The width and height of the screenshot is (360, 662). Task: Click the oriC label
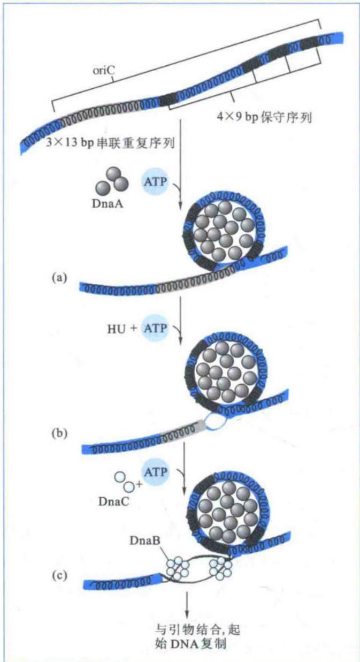(104, 71)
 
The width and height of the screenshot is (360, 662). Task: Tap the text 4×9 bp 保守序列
(264, 118)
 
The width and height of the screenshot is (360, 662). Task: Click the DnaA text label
(108, 204)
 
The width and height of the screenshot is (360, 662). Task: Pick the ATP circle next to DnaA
(155, 181)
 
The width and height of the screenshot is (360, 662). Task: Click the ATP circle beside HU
(155, 328)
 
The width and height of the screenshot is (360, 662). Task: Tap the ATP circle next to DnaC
(155, 472)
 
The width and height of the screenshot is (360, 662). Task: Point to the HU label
(117, 329)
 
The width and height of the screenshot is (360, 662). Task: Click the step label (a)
(59, 278)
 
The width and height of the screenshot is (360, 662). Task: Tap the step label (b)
(59, 433)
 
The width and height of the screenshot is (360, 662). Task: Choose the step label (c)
(59, 575)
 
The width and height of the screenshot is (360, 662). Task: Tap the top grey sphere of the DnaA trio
(114, 174)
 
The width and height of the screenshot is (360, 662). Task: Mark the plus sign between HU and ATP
(134, 328)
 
